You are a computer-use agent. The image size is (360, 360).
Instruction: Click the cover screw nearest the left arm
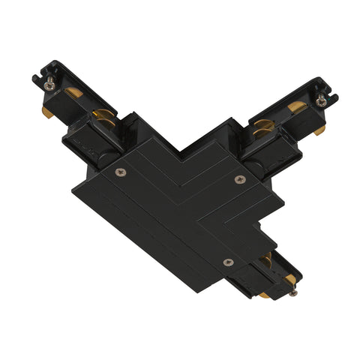coord(121,172)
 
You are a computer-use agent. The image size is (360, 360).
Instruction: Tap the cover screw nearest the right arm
coord(240,178)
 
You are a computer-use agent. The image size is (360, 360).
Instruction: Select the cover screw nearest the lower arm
coord(228,262)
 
